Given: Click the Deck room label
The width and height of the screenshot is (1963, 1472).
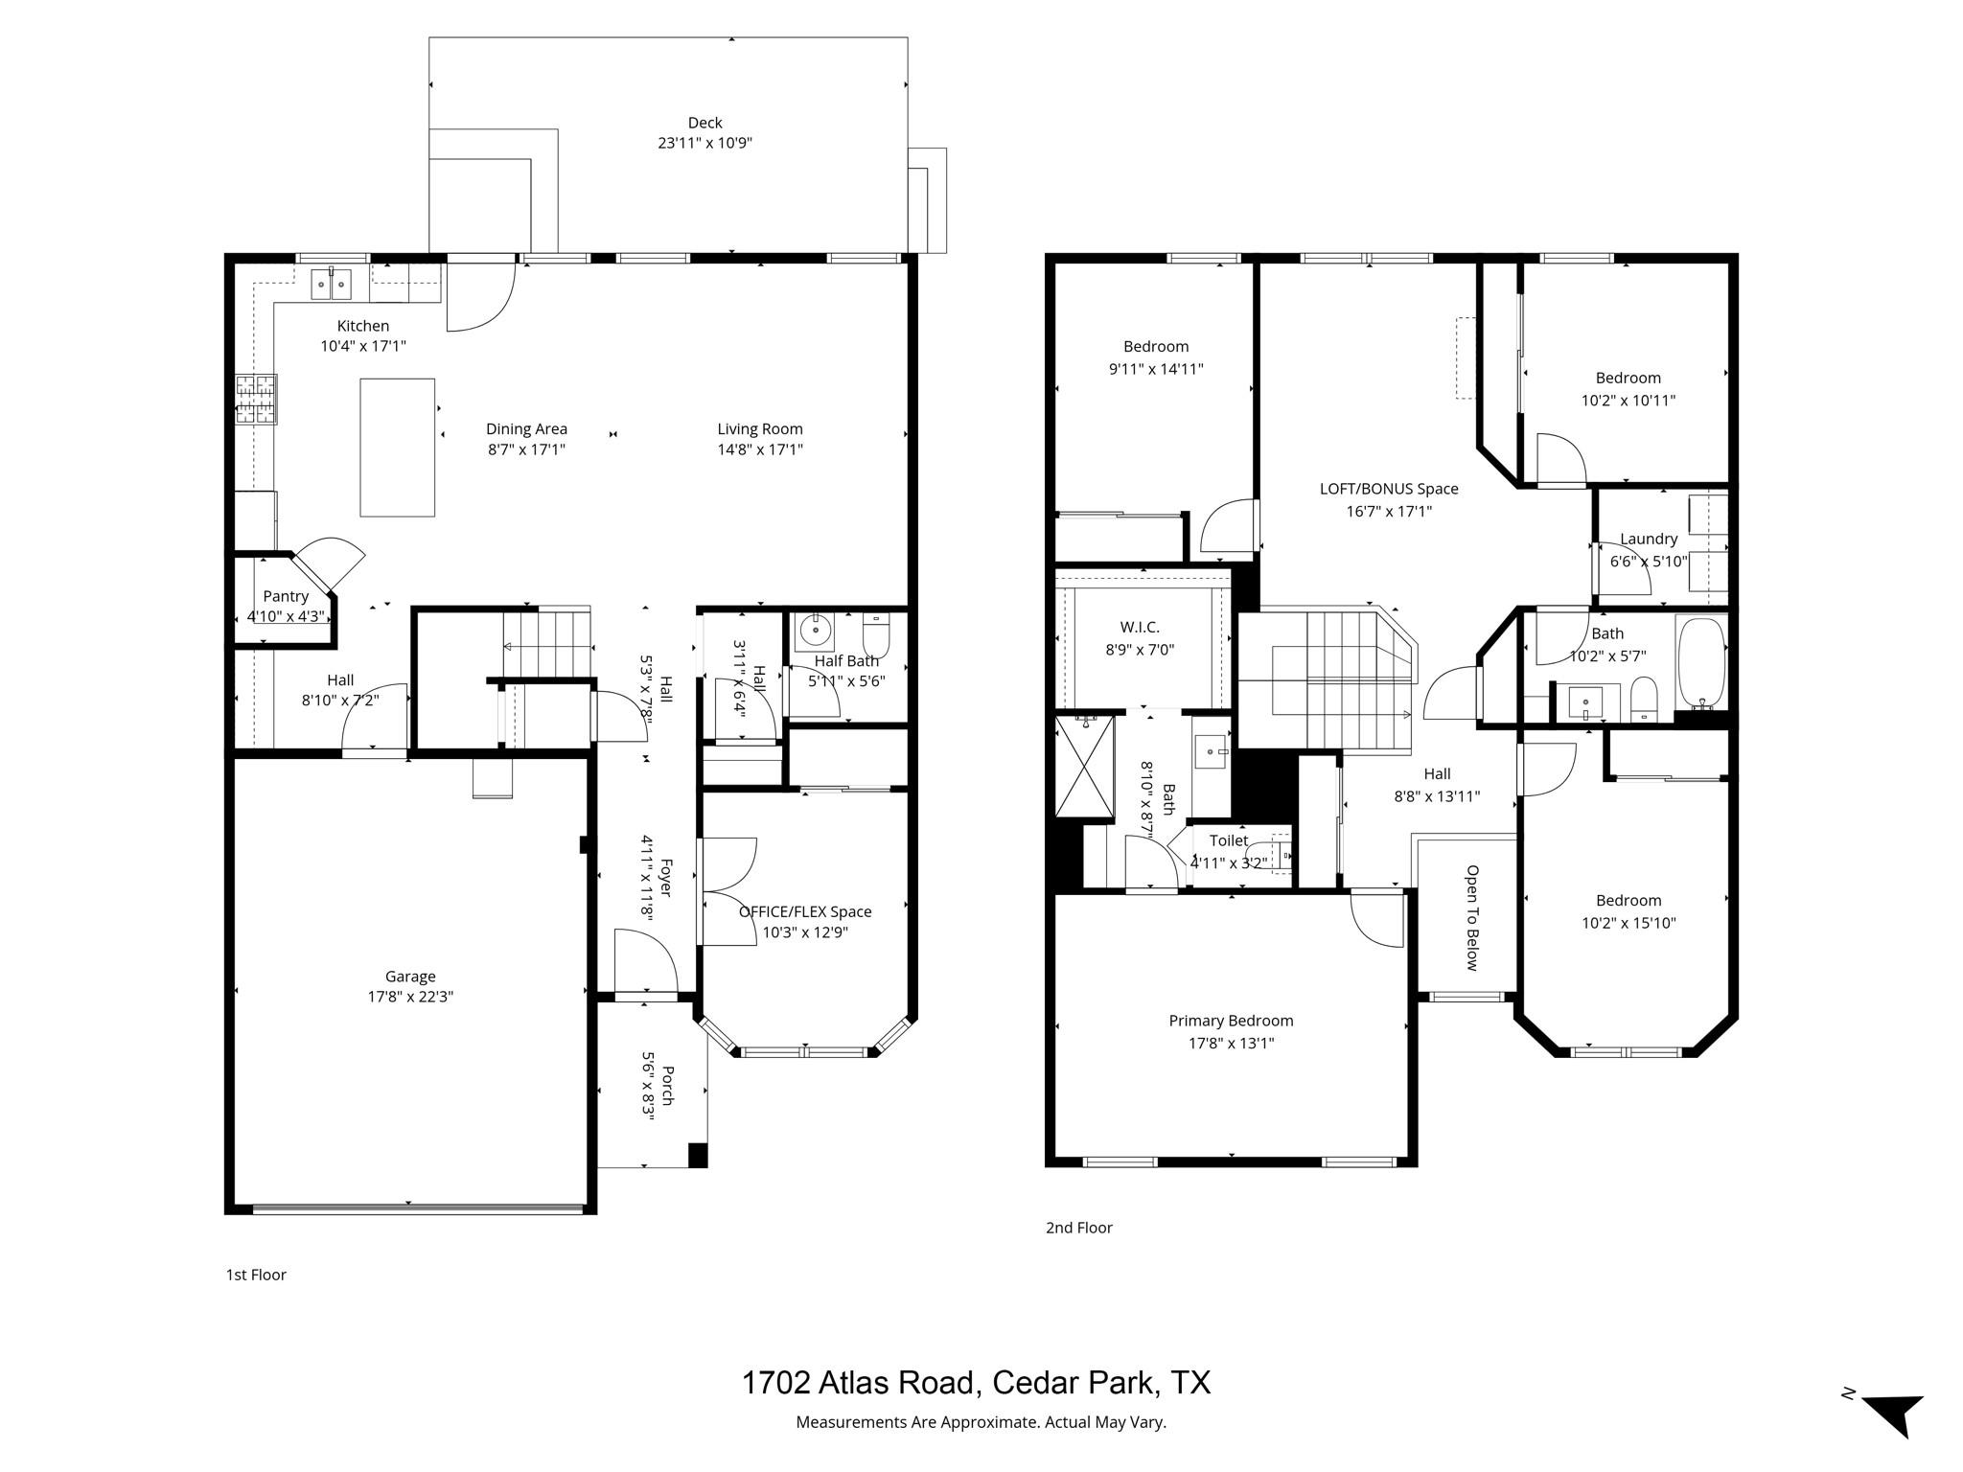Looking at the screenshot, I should point(704,123).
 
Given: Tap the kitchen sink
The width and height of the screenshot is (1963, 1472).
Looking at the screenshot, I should point(332,284).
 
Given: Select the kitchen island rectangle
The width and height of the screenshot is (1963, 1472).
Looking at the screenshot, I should point(397,448).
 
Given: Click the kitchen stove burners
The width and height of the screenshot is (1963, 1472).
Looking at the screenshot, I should point(256,399).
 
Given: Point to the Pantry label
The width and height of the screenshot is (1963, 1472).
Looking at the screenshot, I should point(286,596).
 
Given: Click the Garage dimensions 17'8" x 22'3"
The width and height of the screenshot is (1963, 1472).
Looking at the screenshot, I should point(410,997).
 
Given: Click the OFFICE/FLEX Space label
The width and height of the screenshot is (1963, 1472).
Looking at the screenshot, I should point(805,911).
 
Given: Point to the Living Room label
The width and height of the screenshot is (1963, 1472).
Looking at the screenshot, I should point(760,429).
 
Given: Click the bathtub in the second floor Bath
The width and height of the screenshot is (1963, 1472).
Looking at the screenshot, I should point(1701,662).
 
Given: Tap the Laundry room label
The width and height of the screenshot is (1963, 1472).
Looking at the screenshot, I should point(1649,539).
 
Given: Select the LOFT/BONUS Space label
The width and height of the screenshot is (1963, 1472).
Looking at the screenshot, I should point(1389,489).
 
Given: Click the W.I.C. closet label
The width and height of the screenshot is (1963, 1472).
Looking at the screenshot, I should point(1140,627).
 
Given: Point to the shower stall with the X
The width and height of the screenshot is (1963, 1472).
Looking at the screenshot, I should point(1085,768).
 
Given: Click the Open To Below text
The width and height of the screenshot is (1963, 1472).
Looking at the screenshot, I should point(1472,917).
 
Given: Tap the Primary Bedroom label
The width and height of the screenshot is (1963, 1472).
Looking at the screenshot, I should point(1231,1021).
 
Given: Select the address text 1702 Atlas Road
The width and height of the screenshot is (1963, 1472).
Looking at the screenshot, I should point(860,1382).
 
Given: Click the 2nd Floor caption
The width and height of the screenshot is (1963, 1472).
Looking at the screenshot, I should point(1078,1228).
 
